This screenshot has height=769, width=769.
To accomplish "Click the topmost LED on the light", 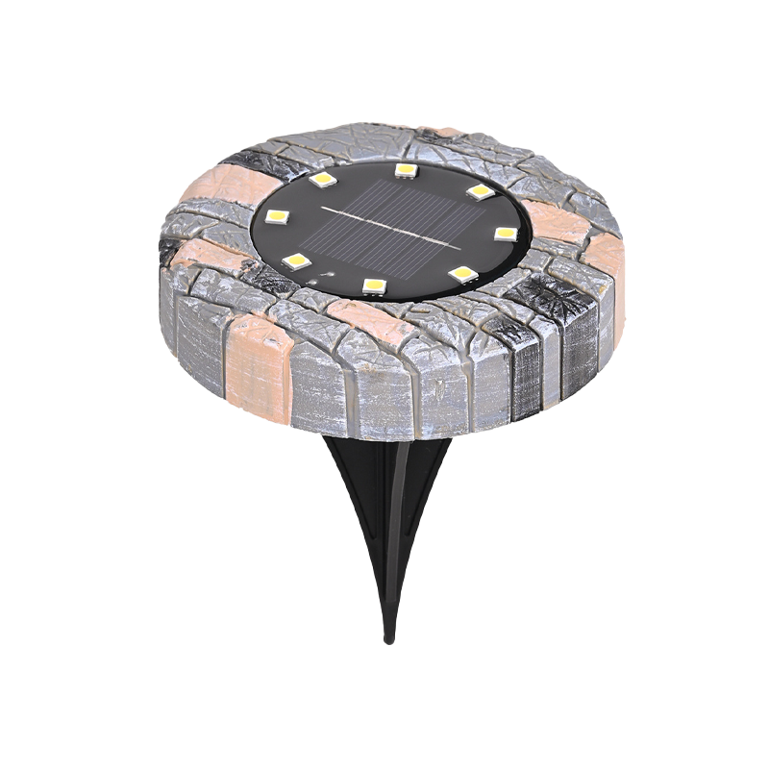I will pos(406,170).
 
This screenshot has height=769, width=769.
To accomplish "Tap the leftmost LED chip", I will pos(276,216).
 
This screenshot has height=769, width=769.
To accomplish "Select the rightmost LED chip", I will pos(506,233).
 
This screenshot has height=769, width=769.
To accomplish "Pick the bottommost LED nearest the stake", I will pos(374,285).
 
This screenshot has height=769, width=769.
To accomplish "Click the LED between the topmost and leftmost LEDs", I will pos(323,179).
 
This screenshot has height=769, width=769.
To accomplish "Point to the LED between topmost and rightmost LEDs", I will pos(478,191).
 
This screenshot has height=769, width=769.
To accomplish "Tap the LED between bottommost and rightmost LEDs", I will pos(463,275).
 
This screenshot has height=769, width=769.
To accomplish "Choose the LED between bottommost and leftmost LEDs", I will pos(297,260).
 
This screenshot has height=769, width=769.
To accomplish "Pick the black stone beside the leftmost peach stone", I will pos(252,163).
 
